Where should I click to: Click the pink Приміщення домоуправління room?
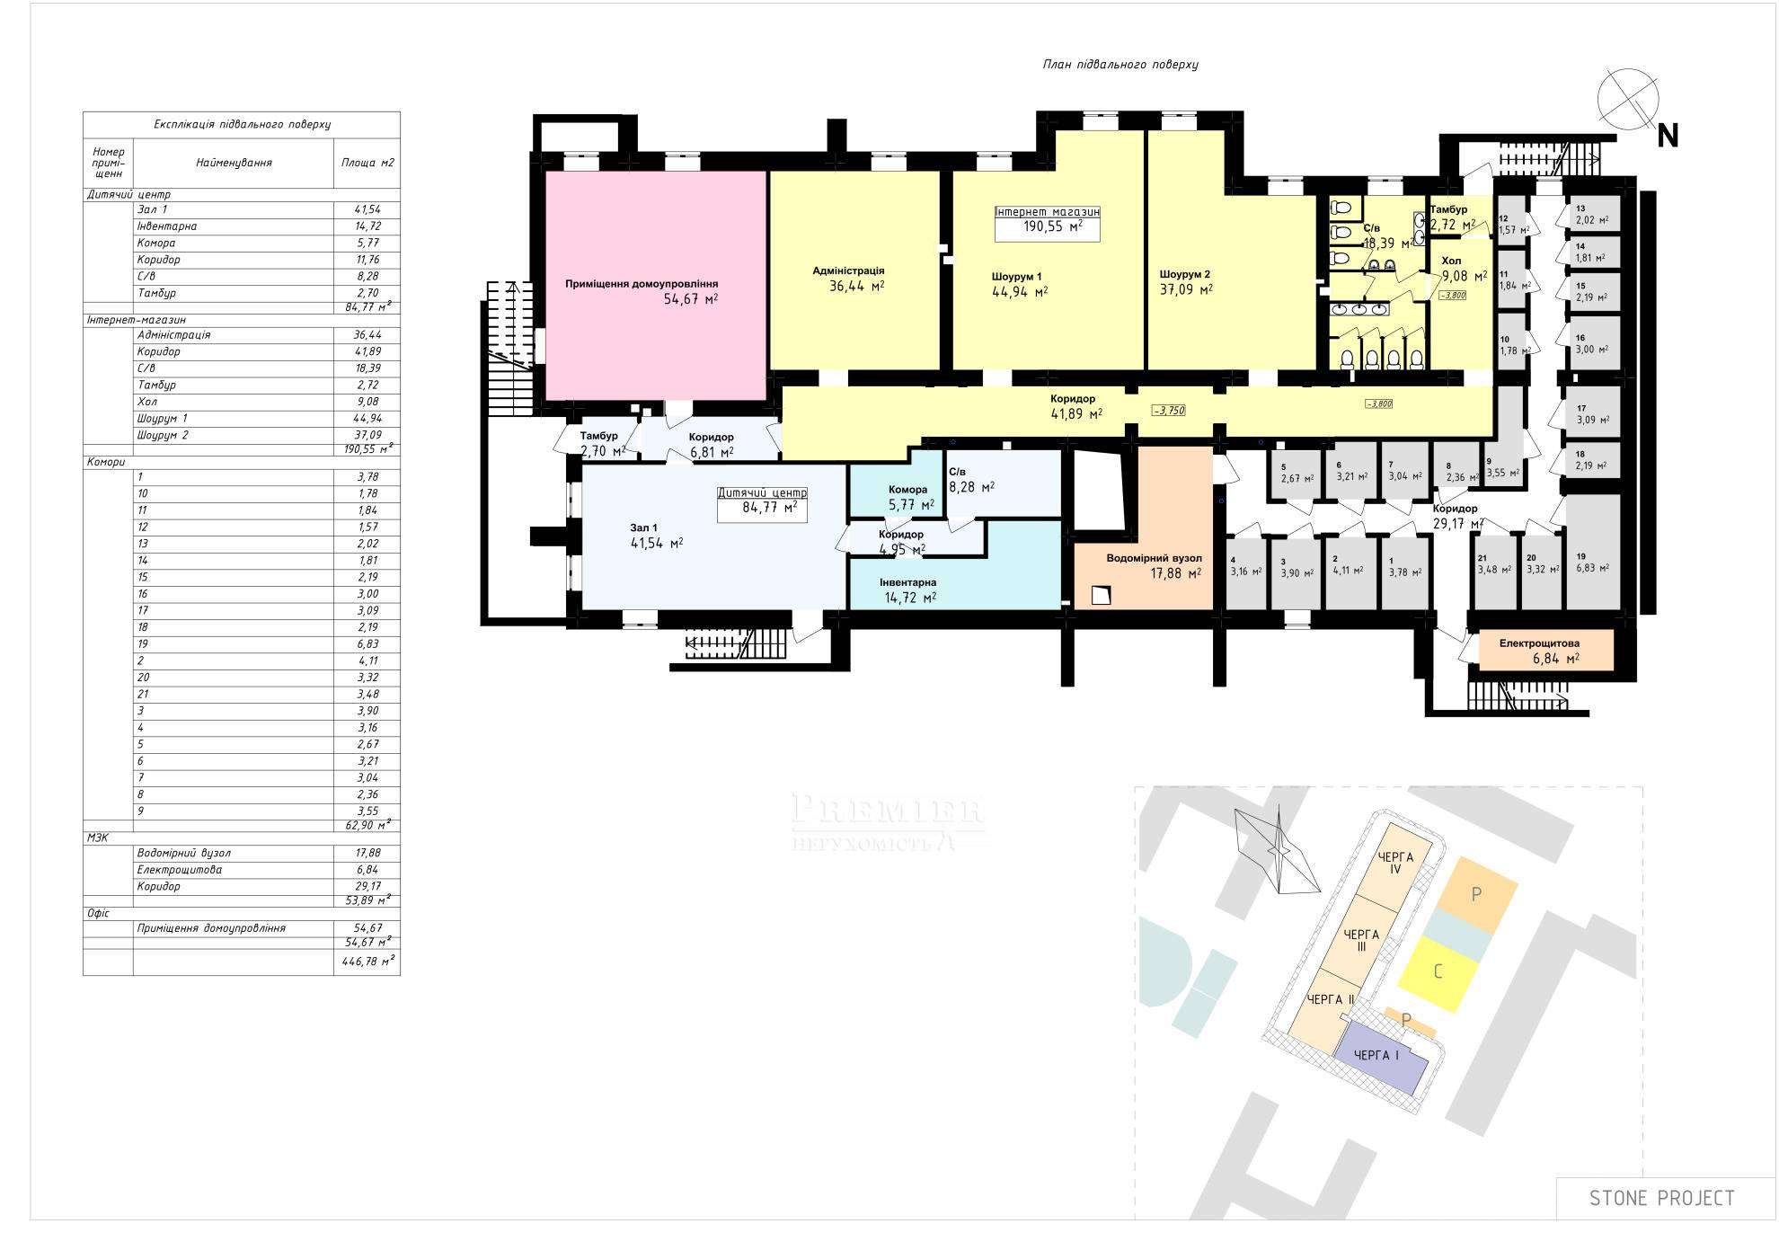pyautogui.click(x=656, y=286)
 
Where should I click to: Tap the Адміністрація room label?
pyautogui.click(x=848, y=270)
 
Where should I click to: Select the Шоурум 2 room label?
pyautogui.click(x=1184, y=274)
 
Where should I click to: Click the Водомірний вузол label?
pyautogui.click(x=1154, y=558)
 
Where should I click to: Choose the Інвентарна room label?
pyautogui.click(x=907, y=582)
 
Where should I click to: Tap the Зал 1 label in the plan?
pyautogui.click(x=643, y=527)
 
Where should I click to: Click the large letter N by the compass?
pyautogui.click(x=1668, y=136)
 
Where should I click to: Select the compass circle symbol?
pyautogui.click(x=1627, y=99)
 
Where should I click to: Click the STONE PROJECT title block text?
pyautogui.click(x=1661, y=1198)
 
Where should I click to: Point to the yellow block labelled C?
pyautogui.click(x=1438, y=972)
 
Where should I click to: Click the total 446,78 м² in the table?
pyautogui.click(x=367, y=962)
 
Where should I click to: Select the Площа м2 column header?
pyautogui.click(x=367, y=164)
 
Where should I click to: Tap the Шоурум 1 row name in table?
pyautogui.click(x=163, y=419)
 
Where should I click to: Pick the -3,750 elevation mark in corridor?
pyautogui.click(x=1169, y=411)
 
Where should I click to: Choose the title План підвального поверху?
pyautogui.click(x=1120, y=65)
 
